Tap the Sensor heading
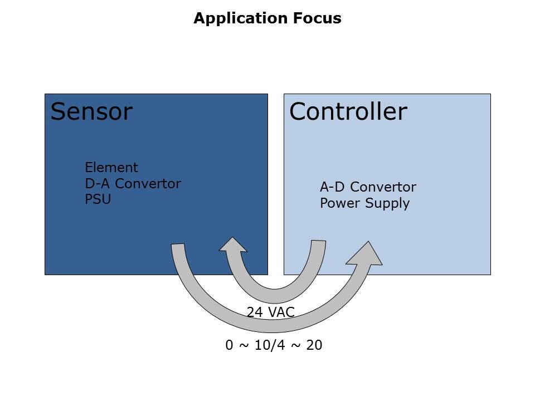click(x=91, y=112)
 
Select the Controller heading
click(x=348, y=112)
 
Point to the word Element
click(x=111, y=168)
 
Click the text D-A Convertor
click(x=133, y=183)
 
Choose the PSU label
click(x=98, y=199)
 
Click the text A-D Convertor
click(x=368, y=187)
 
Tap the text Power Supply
click(x=364, y=203)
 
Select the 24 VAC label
click(x=270, y=312)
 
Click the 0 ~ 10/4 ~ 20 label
click(x=274, y=345)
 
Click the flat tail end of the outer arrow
click(x=178, y=246)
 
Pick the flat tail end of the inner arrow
click(x=318, y=242)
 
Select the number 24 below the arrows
click(x=254, y=312)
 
